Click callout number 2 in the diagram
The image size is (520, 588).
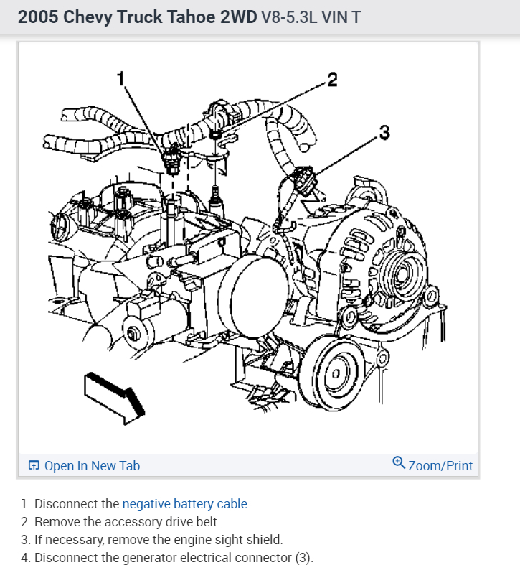pos(331,79)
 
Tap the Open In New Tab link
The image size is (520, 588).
pos(92,466)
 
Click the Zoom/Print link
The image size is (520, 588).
pos(440,466)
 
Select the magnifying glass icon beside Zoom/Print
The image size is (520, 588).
pos(400,464)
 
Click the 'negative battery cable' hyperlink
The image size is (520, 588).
pos(185,504)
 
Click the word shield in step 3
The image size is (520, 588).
pos(265,540)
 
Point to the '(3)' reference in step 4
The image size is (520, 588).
pos(303,558)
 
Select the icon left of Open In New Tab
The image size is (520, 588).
pos(34,466)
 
